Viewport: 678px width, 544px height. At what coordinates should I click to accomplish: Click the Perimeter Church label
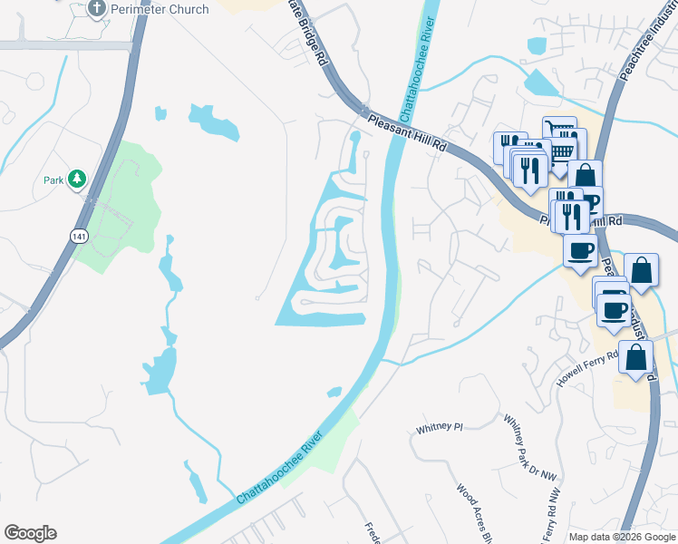[x=160, y=9]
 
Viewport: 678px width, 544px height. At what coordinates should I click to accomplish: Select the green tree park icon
[x=78, y=179]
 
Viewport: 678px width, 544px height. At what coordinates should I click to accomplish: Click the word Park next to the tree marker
[x=53, y=180]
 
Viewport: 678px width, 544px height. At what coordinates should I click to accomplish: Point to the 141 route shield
[x=79, y=235]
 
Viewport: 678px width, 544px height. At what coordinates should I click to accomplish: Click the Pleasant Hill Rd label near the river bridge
[x=407, y=131]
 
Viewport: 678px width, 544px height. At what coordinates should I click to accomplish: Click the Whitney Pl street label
[x=439, y=426]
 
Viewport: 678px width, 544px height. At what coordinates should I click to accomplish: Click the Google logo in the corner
[x=30, y=532]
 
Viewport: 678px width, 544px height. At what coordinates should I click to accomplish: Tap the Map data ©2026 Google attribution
[x=622, y=537]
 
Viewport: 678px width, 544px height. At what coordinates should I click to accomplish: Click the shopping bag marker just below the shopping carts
[x=586, y=174]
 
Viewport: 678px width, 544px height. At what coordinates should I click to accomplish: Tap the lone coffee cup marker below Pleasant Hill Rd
[x=579, y=248]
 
